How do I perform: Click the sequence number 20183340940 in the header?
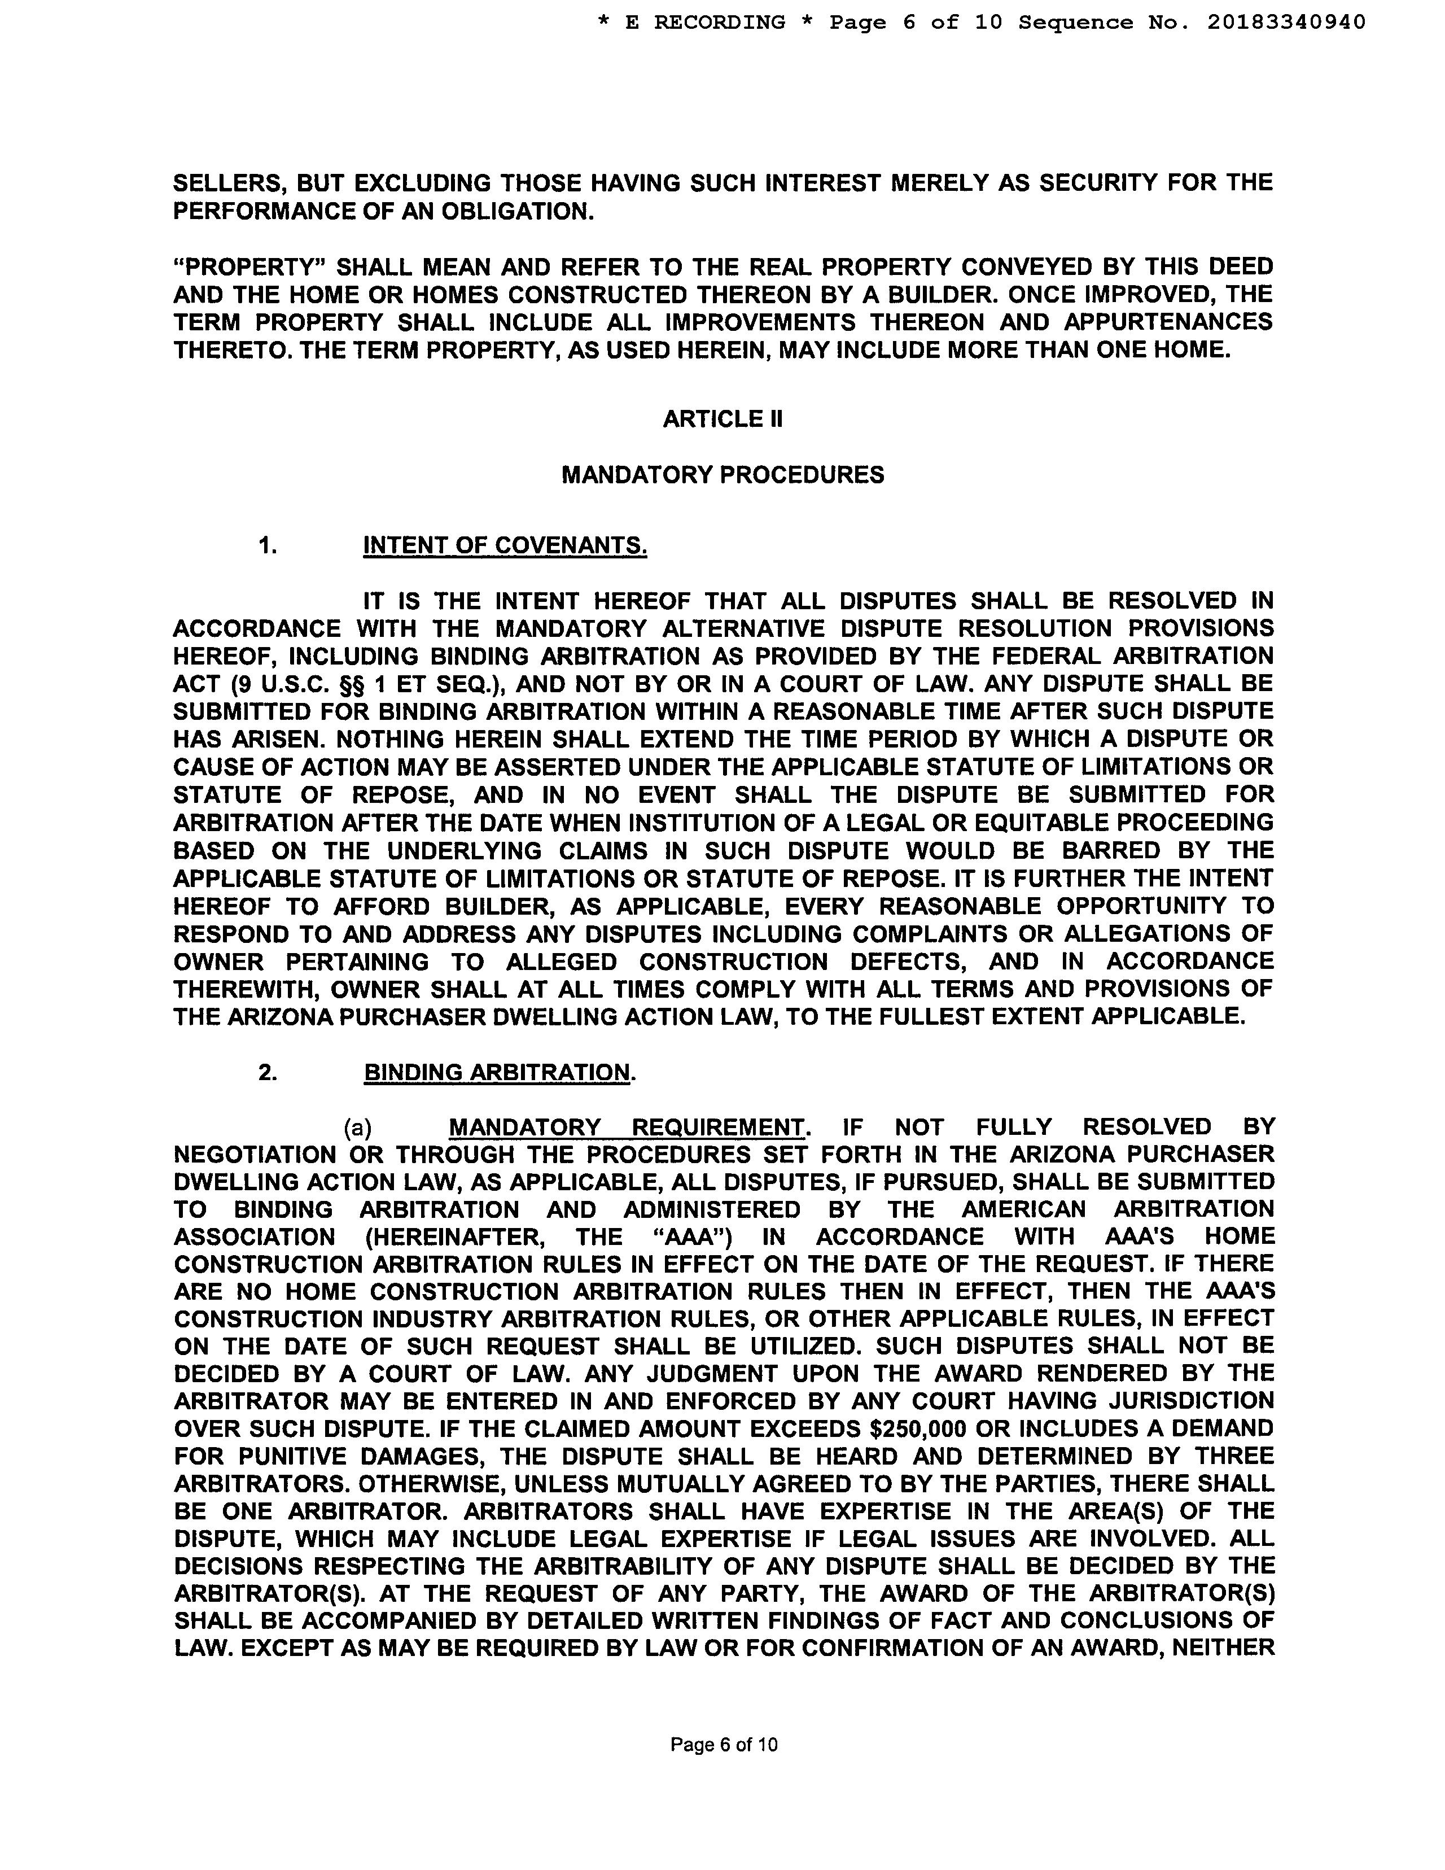pos(1286,22)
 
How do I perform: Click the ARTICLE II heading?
pos(722,419)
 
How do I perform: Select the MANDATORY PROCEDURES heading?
pos(722,475)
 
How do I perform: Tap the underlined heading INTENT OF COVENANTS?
pos(505,545)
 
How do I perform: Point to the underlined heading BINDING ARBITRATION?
pos(497,1073)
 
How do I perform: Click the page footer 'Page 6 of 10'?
pos(724,1744)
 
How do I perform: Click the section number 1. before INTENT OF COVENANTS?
pos(268,545)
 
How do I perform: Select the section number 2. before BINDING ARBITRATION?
pos(268,1073)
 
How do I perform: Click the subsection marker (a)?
pos(358,1128)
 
